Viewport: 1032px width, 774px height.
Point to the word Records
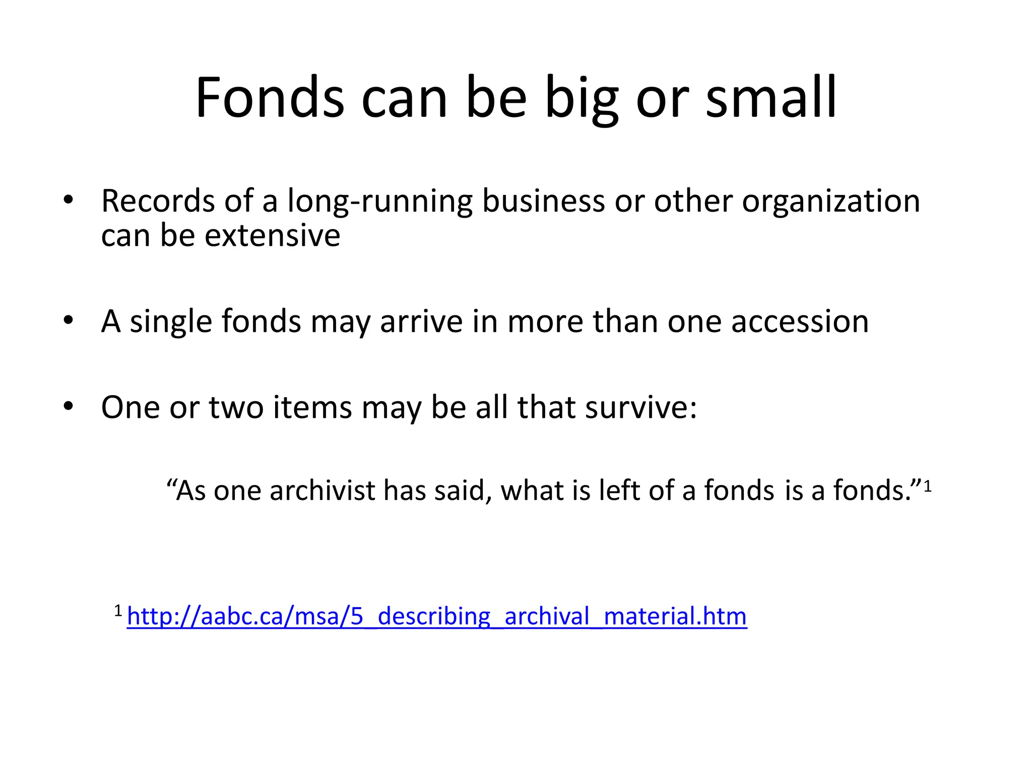(158, 201)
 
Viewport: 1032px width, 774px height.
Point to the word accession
(800, 322)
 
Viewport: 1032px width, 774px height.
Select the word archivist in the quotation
(322, 490)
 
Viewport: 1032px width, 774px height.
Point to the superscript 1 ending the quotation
(928, 487)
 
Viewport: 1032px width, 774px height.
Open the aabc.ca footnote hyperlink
(437, 616)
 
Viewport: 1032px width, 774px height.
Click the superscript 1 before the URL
(118, 611)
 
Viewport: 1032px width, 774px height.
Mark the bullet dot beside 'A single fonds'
(69, 321)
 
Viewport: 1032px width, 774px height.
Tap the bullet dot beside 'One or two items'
(69, 406)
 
